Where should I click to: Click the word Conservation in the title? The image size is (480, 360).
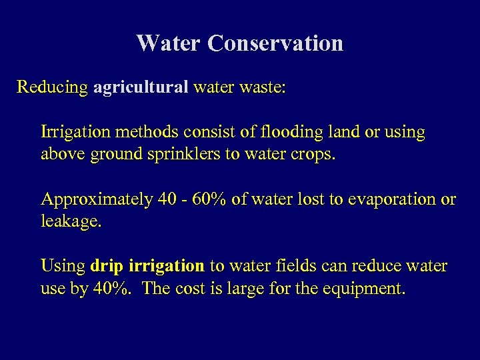point(275,43)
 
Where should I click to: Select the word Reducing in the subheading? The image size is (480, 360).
point(52,87)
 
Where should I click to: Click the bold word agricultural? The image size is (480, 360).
point(141,88)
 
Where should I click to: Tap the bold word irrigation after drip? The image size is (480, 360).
point(167,266)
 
